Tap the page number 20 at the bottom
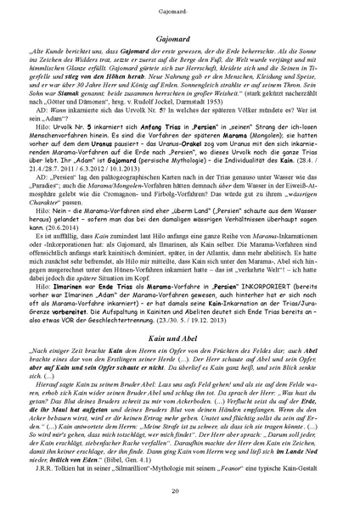pyautogui.click(x=180, y=491)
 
